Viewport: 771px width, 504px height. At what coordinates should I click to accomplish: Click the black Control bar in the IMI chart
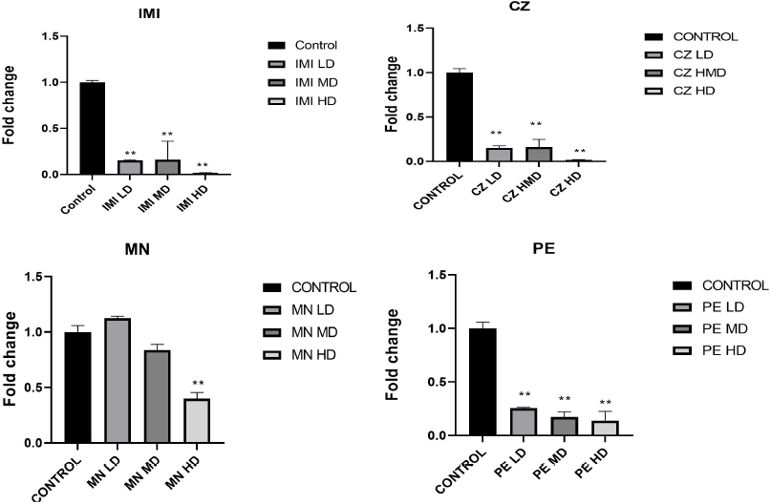coord(93,128)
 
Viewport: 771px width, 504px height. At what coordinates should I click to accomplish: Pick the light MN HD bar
coord(197,421)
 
